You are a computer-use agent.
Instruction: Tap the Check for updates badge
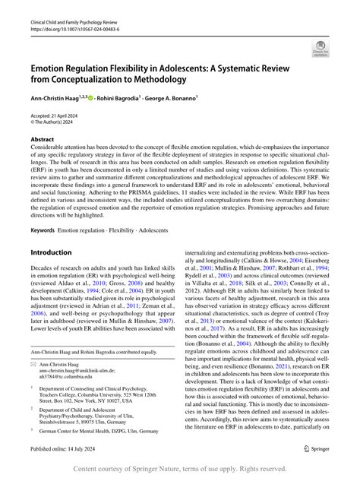pos(320,49)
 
